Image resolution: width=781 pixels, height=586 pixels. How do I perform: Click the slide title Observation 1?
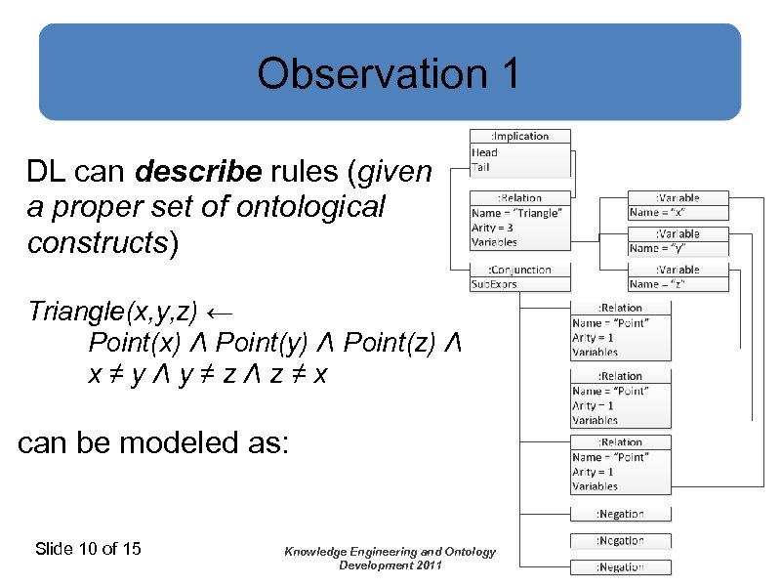pos(389,74)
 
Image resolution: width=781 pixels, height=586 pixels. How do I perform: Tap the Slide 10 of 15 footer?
pos(88,549)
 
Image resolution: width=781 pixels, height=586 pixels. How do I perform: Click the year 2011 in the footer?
pos(425,565)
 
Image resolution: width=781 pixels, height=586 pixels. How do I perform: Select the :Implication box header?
pos(519,137)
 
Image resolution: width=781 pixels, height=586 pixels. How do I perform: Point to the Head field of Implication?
pos(485,152)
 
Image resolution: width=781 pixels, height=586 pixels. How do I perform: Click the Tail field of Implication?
pos(481,167)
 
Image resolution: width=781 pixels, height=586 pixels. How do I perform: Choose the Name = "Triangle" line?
pos(517,213)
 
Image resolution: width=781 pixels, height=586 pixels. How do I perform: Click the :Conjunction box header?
pos(519,270)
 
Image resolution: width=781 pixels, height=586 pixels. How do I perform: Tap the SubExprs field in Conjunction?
pos(495,284)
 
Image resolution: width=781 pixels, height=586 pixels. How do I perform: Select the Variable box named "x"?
pos(678,205)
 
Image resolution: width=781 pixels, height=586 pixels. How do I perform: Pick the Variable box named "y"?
pos(678,241)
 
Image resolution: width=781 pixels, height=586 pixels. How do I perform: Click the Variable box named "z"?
pos(678,277)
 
